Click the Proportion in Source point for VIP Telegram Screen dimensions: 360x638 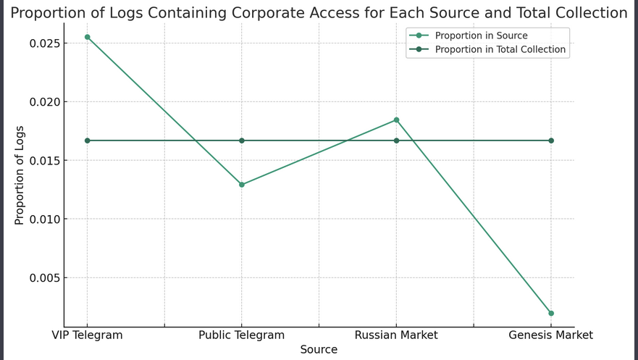(88, 37)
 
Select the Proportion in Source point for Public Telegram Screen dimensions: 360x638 (242, 185)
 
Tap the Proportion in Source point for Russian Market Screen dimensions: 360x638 (396, 120)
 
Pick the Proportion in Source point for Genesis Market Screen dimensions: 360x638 (551, 313)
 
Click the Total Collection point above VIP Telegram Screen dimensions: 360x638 (88, 141)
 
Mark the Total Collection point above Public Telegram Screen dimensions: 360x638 (242, 141)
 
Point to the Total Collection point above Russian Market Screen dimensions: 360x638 (396, 141)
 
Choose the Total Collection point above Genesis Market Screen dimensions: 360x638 (551, 141)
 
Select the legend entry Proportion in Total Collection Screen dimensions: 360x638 (500, 50)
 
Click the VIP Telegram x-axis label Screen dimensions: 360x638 (88, 335)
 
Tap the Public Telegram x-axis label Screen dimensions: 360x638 (242, 335)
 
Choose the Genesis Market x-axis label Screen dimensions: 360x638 (551, 335)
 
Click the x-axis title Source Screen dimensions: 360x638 (319, 350)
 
